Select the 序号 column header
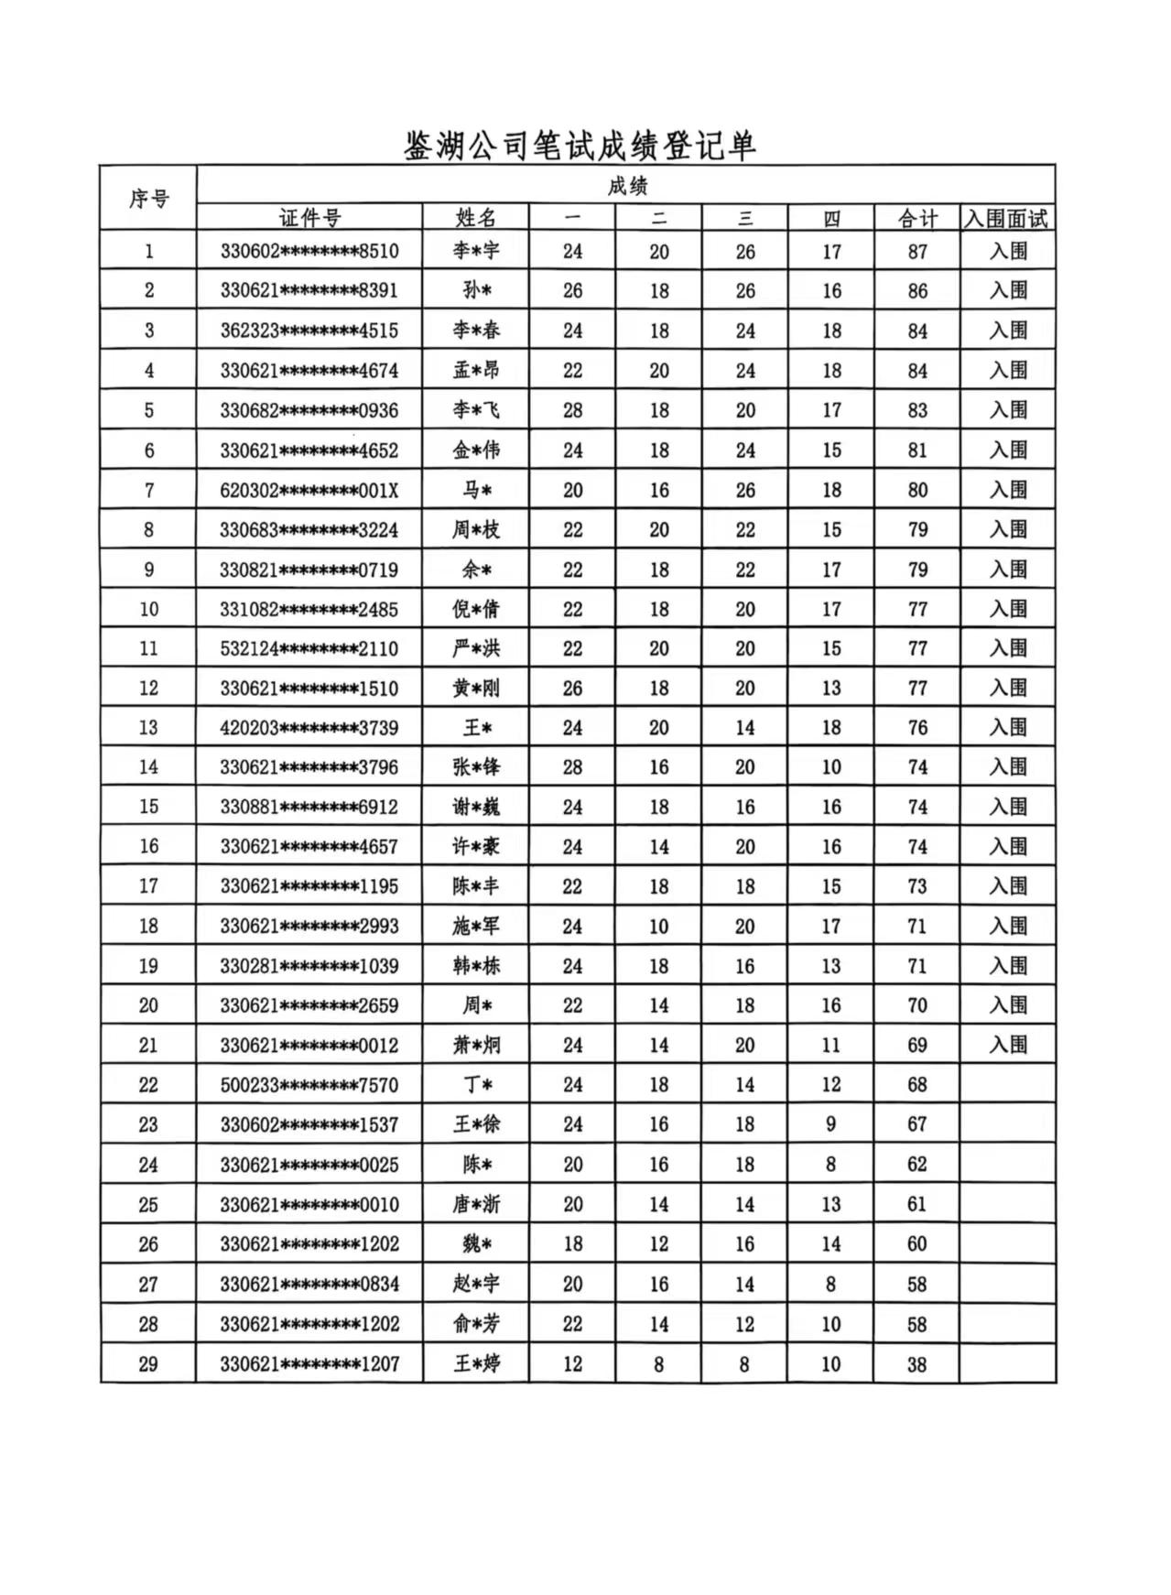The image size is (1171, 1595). [148, 198]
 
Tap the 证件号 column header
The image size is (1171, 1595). [309, 218]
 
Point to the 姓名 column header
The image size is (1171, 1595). [476, 218]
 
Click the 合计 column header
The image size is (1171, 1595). [917, 219]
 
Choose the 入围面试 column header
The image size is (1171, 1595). [1007, 219]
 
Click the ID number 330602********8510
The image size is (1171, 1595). [309, 251]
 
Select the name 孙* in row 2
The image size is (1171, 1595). [476, 290]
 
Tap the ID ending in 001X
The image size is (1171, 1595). [309, 490]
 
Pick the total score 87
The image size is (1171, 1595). [917, 252]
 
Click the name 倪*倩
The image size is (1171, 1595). [476, 609]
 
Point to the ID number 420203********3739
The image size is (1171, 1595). [309, 728]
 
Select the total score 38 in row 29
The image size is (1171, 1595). [917, 1364]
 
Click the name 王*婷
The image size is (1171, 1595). [476, 1363]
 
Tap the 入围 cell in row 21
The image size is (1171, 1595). [1007, 1045]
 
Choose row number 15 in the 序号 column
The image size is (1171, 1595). [148, 807]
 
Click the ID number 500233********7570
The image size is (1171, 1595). [309, 1085]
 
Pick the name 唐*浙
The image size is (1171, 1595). [476, 1204]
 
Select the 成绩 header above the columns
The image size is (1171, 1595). [626, 187]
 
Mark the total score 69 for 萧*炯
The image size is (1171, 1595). [917, 1045]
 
